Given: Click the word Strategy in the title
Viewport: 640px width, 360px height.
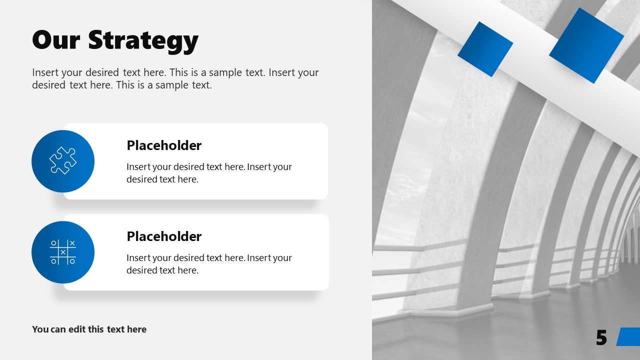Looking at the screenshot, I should pos(143,41).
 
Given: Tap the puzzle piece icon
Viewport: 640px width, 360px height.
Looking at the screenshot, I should pos(63,160).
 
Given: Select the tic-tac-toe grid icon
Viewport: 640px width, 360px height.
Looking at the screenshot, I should pos(63,252).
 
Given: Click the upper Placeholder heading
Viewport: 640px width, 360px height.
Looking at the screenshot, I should pos(164,145).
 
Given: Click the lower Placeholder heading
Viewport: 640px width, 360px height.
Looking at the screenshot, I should pos(164,236).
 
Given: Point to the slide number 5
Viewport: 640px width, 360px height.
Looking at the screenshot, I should pos(601,338).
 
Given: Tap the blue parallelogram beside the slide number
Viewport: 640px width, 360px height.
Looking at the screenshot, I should pos(629,336).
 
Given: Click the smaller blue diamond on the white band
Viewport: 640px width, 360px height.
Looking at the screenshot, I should pos(485,49).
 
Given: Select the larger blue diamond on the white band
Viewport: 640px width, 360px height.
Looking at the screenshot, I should pos(586,45).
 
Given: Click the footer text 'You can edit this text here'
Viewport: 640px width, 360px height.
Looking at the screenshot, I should pos(89,329).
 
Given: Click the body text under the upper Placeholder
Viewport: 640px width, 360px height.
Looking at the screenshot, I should pos(209,172).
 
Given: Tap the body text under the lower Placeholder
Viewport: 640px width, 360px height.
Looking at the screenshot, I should pos(209,263).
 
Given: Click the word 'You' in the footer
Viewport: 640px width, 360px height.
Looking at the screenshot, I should pos(39,329).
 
